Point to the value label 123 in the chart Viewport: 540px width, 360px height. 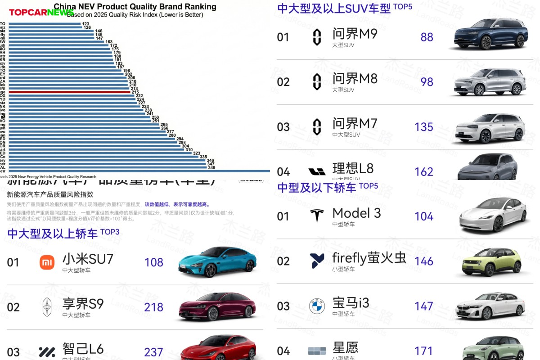(x=85, y=23)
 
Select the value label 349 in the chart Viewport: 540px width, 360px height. (x=211, y=168)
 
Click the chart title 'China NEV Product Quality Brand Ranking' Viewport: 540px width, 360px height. (x=135, y=7)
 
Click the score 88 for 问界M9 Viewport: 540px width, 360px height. (x=427, y=37)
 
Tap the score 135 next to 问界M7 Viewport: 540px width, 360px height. (x=424, y=127)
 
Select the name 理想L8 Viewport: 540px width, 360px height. (x=353, y=168)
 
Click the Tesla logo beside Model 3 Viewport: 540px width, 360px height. (x=317, y=216)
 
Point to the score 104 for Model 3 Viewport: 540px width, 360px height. (x=424, y=216)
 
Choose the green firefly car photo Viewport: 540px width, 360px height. (x=491, y=261)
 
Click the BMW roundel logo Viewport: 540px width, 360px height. (x=317, y=306)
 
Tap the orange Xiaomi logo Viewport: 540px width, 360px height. (x=47, y=262)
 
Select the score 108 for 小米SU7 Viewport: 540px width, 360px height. (x=154, y=262)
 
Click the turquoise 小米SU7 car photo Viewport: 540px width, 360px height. (x=217, y=261)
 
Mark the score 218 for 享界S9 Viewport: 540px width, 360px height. (x=154, y=307)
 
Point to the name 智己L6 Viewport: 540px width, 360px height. (x=83, y=349)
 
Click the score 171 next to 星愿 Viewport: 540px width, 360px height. (x=424, y=351)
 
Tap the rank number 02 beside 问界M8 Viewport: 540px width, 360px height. (x=283, y=82)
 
